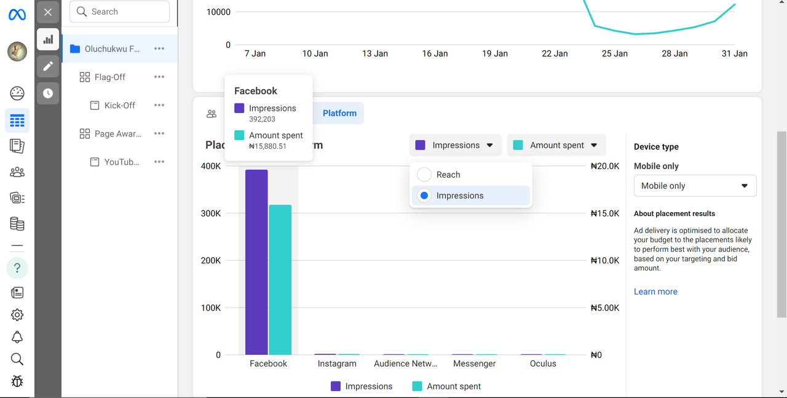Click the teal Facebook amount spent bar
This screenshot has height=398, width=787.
(x=280, y=280)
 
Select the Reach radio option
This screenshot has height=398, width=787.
(x=424, y=175)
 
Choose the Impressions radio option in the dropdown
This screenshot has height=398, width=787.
(x=424, y=196)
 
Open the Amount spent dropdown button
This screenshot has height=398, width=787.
(x=556, y=145)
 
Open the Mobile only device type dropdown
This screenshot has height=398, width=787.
(x=695, y=186)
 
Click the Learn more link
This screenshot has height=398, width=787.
(x=655, y=292)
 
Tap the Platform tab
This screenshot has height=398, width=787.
(x=339, y=113)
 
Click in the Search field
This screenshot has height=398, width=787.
(x=120, y=12)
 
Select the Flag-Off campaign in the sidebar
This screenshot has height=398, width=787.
(x=110, y=77)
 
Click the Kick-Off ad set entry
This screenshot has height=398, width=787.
(x=119, y=105)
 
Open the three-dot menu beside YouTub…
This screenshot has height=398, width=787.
(x=159, y=162)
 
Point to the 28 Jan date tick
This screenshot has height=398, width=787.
(x=674, y=54)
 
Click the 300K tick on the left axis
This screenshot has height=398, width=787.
(x=211, y=213)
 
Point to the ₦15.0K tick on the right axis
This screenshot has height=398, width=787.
(x=605, y=213)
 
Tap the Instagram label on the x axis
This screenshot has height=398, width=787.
(x=337, y=364)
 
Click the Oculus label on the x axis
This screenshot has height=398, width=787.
(x=543, y=364)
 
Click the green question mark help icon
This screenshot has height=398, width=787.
(x=17, y=268)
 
